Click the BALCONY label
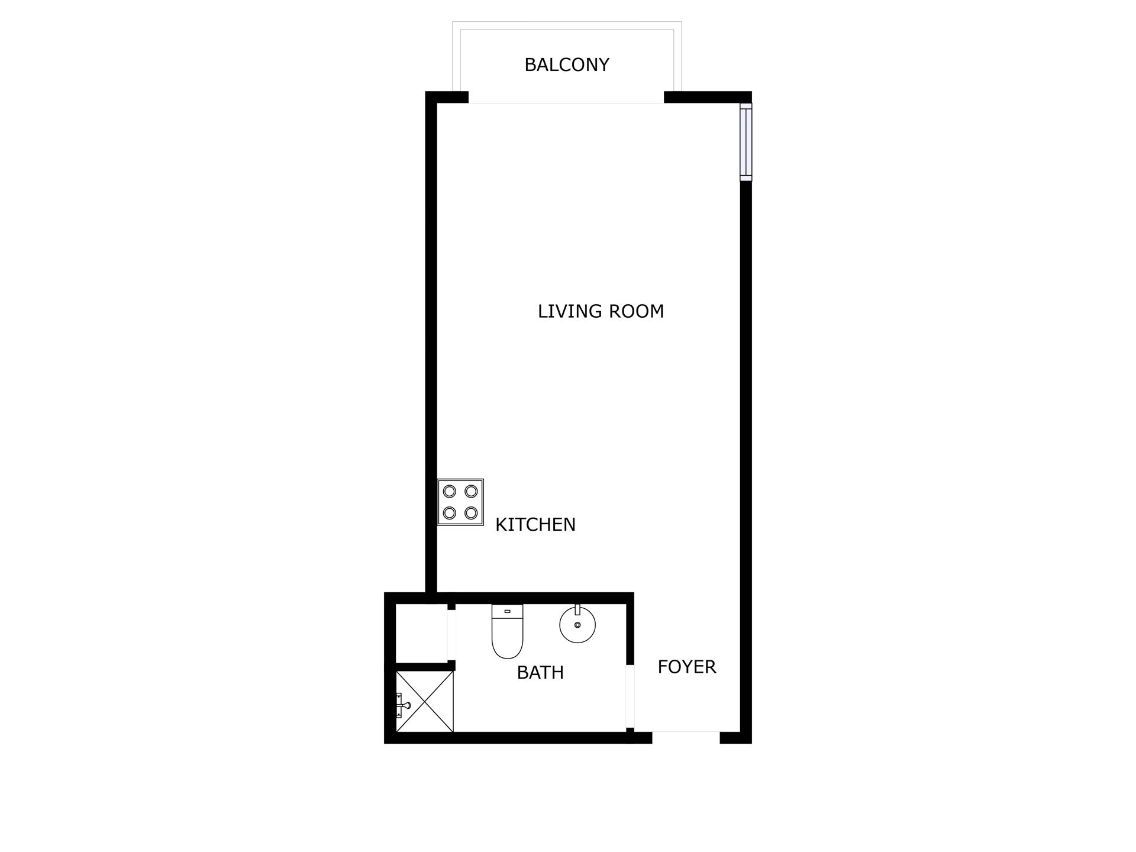tap(567, 64)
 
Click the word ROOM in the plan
tap(637, 311)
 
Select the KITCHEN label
tap(535, 525)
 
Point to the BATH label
tap(540, 673)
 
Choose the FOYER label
tap(687, 667)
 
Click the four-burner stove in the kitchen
tap(460, 502)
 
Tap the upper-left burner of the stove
tap(450, 491)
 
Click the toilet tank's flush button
tap(507, 611)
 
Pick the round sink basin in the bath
tap(577, 625)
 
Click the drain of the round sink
tap(577, 625)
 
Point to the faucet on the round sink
tap(577, 610)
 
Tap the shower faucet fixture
tap(402, 705)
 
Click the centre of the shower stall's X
tap(425, 702)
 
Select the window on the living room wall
tap(746, 142)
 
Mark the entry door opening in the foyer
tap(686, 738)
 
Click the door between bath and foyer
tap(630, 696)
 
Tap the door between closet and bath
tap(451, 635)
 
